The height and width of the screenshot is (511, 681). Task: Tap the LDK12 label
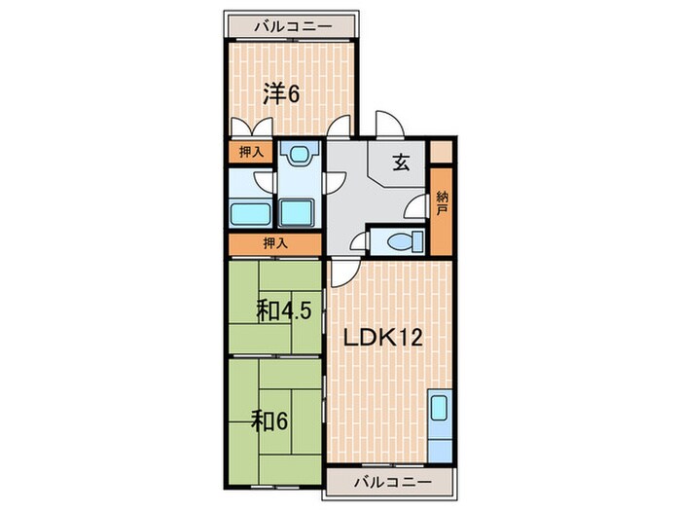coord(383,337)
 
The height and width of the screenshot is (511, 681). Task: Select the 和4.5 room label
coord(284,310)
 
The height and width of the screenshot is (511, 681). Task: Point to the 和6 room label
coord(270,420)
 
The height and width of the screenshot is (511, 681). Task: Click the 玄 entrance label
coord(401,163)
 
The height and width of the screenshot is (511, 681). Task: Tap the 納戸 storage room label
coord(442,203)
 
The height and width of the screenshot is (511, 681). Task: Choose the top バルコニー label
coord(293,26)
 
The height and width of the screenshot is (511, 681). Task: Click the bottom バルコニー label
coord(393,482)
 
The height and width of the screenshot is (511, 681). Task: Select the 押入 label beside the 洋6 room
coord(251,152)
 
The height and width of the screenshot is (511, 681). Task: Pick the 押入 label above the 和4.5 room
coord(275,243)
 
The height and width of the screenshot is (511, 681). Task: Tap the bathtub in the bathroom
coord(249,214)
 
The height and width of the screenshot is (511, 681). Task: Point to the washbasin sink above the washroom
coord(299,154)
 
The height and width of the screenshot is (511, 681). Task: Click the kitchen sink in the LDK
coord(440,407)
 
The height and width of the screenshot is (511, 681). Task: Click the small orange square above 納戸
coord(442,151)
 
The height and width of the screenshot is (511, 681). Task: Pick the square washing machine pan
coord(296,212)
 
